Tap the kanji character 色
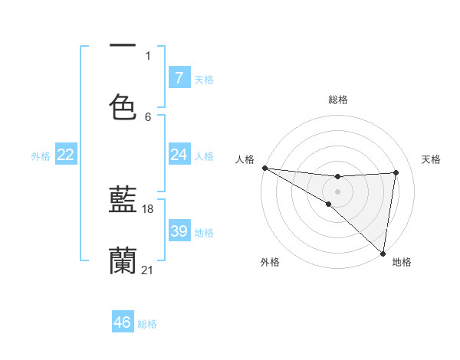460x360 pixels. (x=123, y=107)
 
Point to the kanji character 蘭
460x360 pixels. (x=123, y=260)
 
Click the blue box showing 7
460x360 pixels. (x=179, y=78)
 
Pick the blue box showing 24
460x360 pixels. (x=179, y=155)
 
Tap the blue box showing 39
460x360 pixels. (x=179, y=231)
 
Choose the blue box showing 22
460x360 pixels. (x=66, y=155)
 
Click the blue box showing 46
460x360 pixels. (x=123, y=322)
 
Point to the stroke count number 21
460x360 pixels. (x=149, y=270)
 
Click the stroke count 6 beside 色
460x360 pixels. (x=148, y=116)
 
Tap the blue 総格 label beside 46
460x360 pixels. (x=147, y=324)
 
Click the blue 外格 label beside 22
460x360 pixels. (x=41, y=156)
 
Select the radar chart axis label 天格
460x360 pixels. (x=432, y=159)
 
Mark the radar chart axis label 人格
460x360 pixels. (x=245, y=159)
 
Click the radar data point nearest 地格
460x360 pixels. (x=383, y=253)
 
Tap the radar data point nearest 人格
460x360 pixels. (x=264, y=167)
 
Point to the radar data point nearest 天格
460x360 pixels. (x=396, y=172)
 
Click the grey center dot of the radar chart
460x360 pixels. (x=337, y=190)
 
